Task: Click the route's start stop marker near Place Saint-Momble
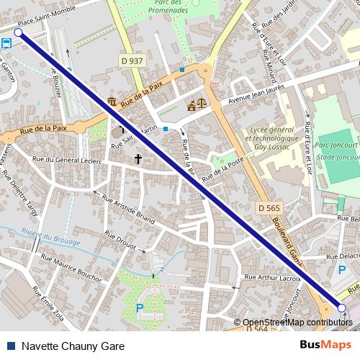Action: point(18,33)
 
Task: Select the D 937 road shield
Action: point(132,63)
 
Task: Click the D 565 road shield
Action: point(269,207)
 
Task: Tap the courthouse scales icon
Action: point(194,104)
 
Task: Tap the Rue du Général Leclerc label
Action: point(69,161)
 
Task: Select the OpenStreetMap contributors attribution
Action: point(298,322)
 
